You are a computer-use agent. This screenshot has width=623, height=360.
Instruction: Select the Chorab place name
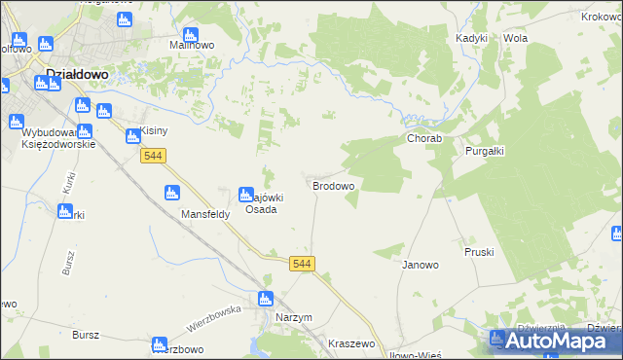point(424,139)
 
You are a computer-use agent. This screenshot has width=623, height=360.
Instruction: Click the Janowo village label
point(421,265)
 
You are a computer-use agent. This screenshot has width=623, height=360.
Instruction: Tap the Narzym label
point(294,318)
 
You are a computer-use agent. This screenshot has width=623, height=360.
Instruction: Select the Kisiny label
point(156,130)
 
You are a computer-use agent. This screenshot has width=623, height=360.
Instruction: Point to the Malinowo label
point(192,45)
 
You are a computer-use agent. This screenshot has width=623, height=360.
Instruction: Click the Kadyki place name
point(471,38)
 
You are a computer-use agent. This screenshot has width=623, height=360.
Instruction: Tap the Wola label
point(515,38)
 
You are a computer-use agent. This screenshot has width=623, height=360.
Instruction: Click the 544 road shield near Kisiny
point(153,156)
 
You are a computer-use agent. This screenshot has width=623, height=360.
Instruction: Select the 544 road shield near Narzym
point(303,264)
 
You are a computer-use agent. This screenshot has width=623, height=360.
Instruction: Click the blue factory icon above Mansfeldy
point(172,192)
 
